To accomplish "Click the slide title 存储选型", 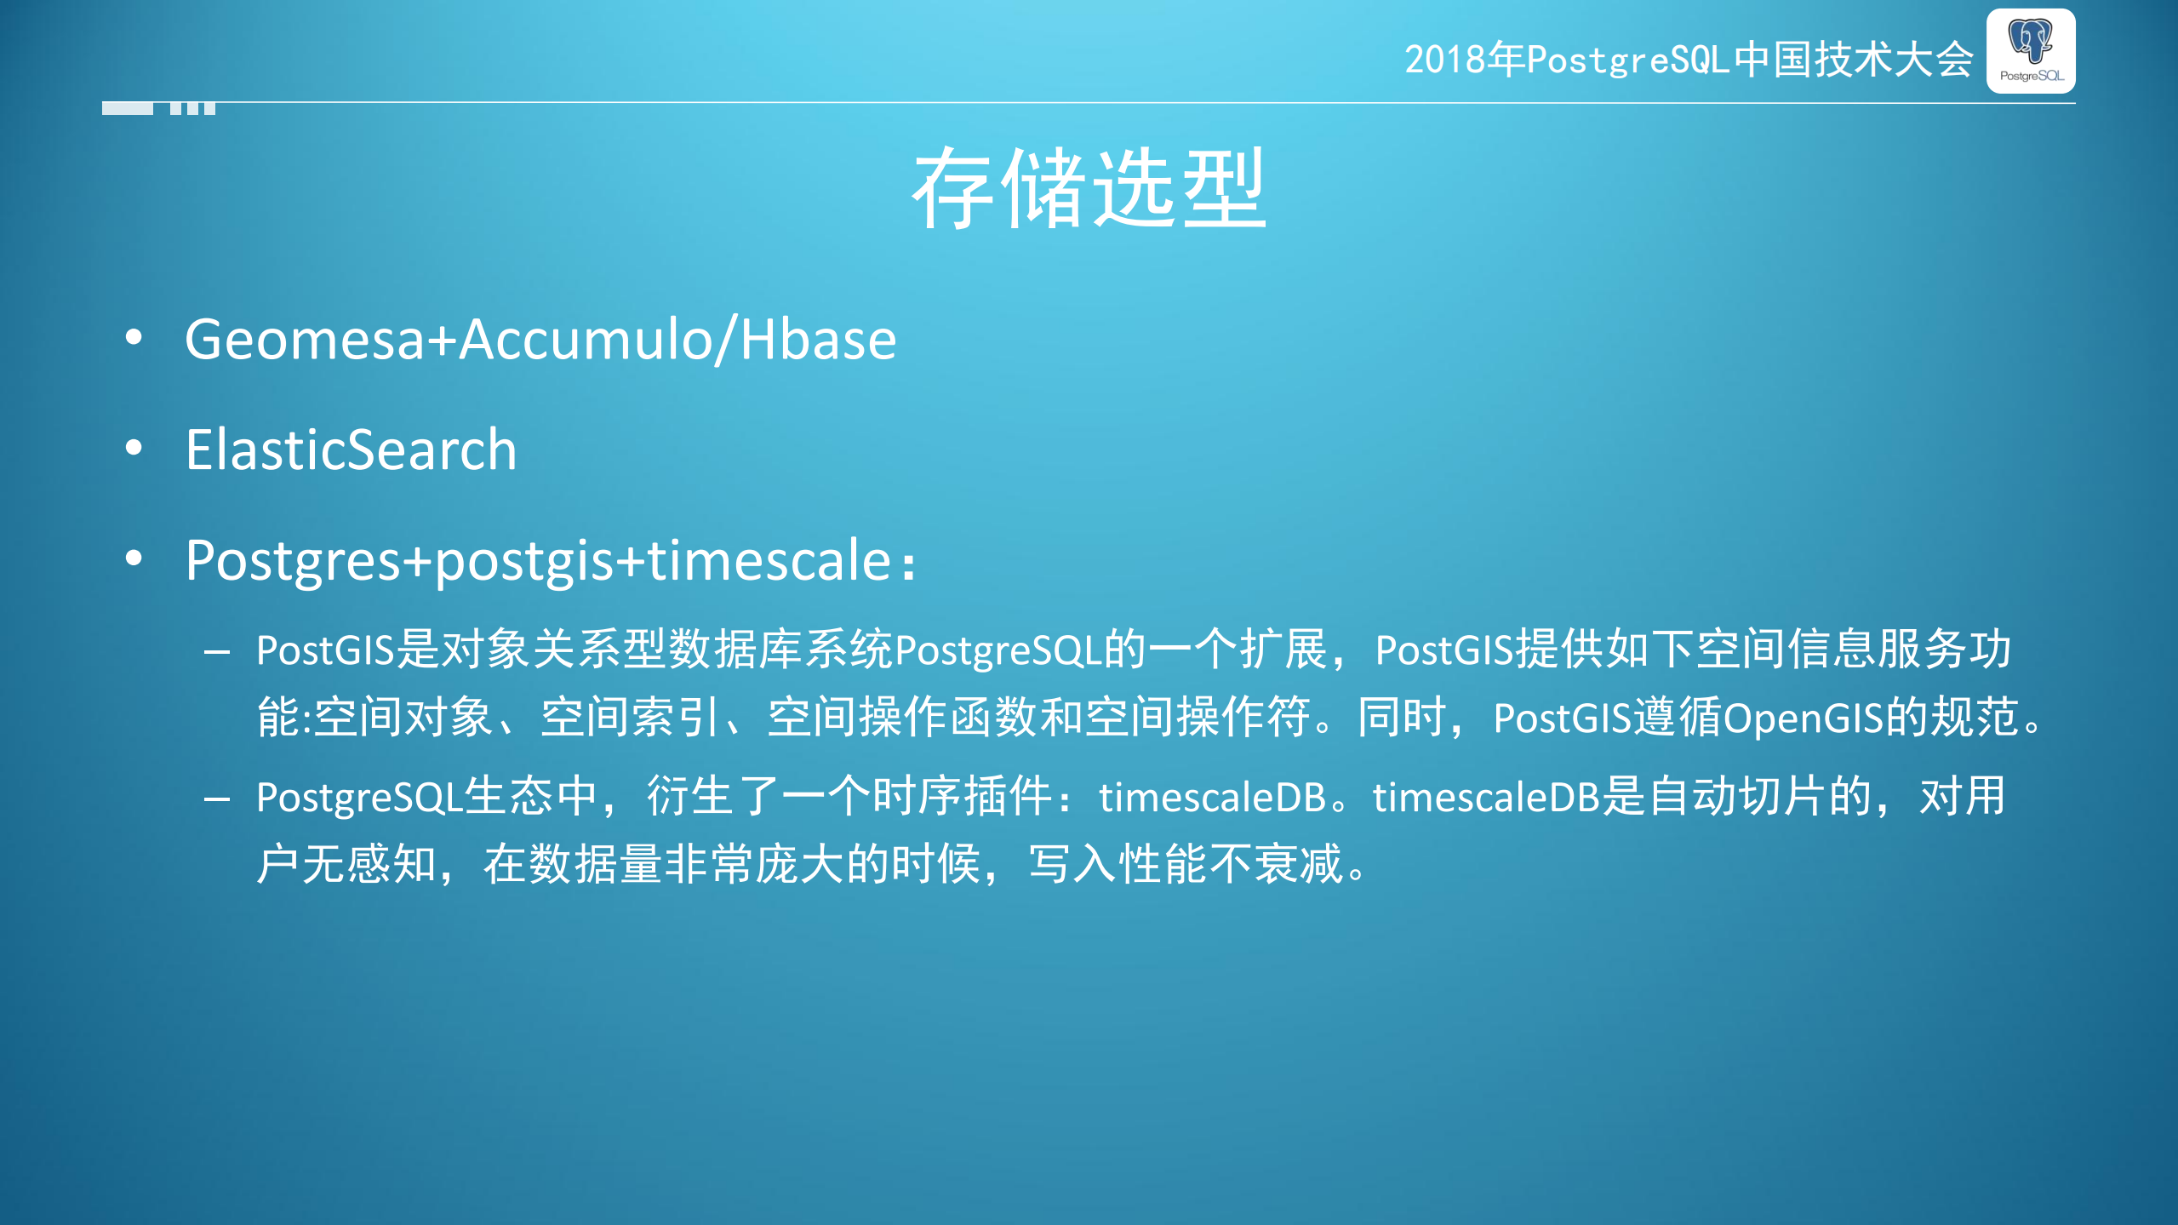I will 1089,188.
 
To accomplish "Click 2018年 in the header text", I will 1464,60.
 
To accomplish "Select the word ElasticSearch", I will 351,449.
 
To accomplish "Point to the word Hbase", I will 818,340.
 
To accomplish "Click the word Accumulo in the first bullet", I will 585,340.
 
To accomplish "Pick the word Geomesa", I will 304,340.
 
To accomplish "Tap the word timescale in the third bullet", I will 769,560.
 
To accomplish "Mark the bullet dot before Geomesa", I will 134,338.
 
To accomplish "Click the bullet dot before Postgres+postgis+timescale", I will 134,558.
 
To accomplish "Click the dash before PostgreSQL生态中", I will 217,799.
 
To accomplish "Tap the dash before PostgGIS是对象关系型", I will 217,652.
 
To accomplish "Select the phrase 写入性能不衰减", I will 1185,864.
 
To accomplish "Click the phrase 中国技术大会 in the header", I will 1854,60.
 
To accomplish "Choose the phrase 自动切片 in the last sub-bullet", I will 1737,797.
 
